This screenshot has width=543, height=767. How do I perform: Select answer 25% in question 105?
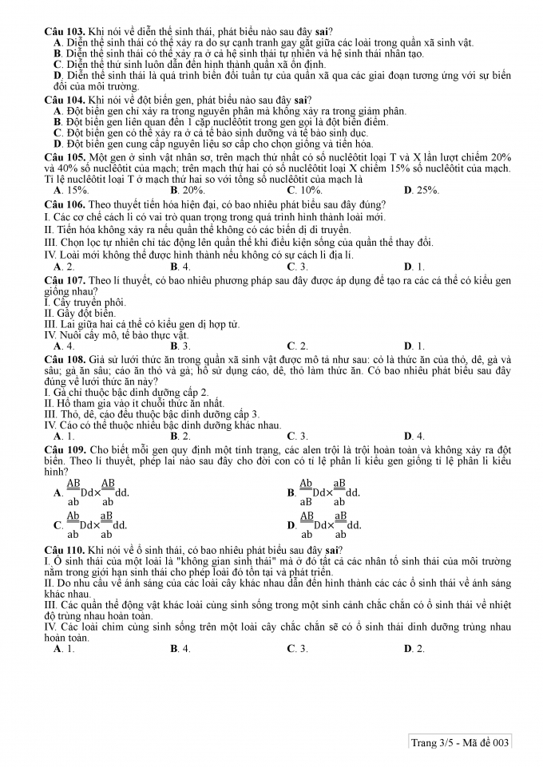(422, 191)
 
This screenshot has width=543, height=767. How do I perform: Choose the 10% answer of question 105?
(305, 191)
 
